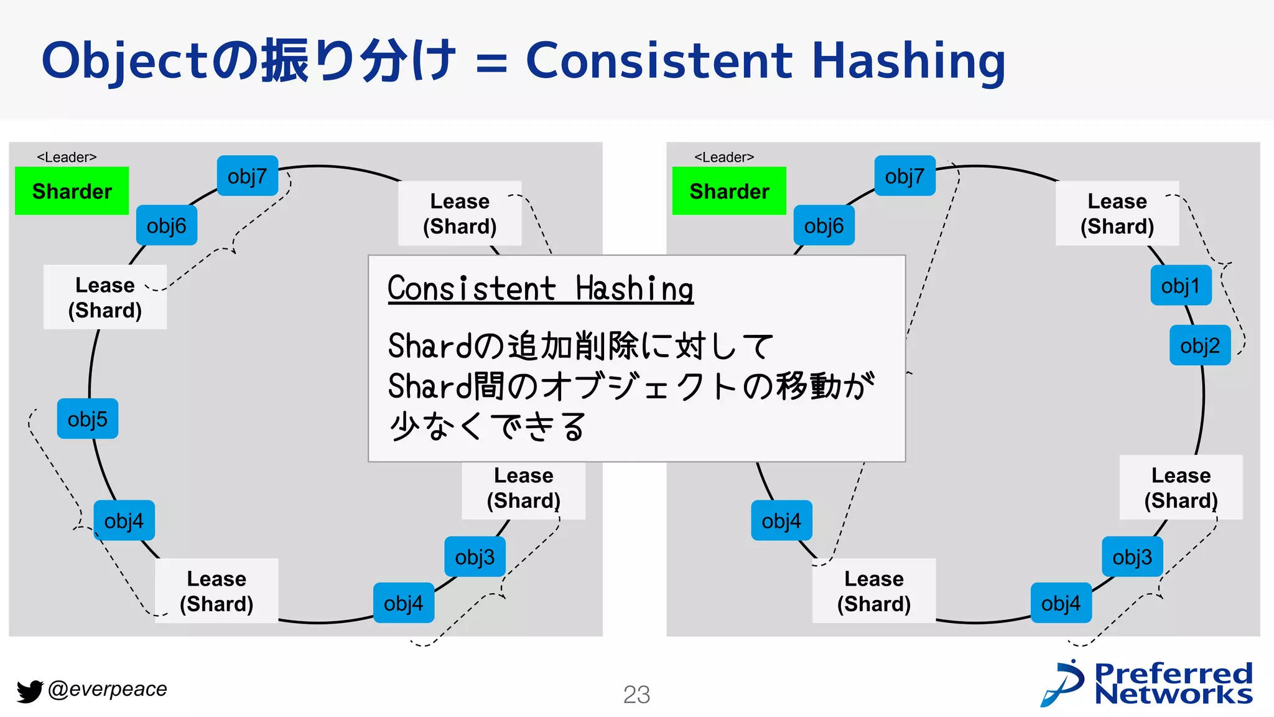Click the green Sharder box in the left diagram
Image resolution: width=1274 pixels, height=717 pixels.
[72, 191]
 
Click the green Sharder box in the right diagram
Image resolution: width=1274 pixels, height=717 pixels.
[729, 191]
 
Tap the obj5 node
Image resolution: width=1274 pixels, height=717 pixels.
[88, 419]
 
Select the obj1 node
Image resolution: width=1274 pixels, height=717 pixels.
[1181, 286]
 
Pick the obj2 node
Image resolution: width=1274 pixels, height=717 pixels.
[1200, 345]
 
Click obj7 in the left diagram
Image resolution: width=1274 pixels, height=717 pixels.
[247, 176]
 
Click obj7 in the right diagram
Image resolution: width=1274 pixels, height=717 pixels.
[904, 176]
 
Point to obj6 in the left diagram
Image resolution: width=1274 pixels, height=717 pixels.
[166, 225]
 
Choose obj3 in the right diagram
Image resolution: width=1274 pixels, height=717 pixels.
[1132, 557]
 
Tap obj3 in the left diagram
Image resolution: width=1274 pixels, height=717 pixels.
[475, 557]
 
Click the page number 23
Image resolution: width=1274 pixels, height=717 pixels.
[636, 695]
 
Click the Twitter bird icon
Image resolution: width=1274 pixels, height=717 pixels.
[29, 691]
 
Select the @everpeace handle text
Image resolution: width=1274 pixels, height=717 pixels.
[108, 689]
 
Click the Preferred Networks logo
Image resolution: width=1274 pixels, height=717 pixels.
[1148, 683]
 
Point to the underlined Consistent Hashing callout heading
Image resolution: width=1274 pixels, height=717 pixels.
[540, 289]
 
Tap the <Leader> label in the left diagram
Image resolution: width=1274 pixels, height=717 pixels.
[67, 157]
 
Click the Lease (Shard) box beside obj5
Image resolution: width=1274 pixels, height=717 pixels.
[105, 298]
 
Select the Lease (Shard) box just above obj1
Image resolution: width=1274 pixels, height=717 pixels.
[1117, 213]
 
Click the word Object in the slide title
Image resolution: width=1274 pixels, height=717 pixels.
[124, 61]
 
